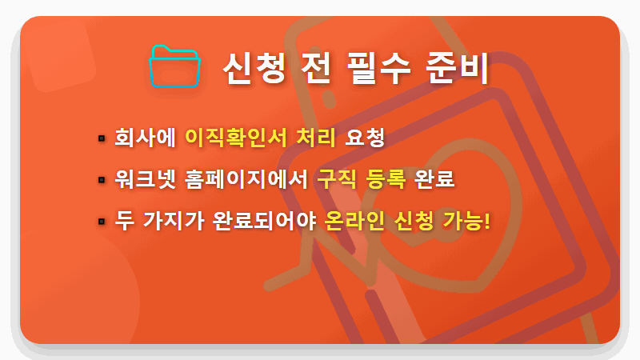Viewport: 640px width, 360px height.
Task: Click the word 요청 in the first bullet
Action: (365, 138)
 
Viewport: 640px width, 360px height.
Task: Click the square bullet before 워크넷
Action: (102, 179)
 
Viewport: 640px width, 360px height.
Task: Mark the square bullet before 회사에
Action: (102, 138)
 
